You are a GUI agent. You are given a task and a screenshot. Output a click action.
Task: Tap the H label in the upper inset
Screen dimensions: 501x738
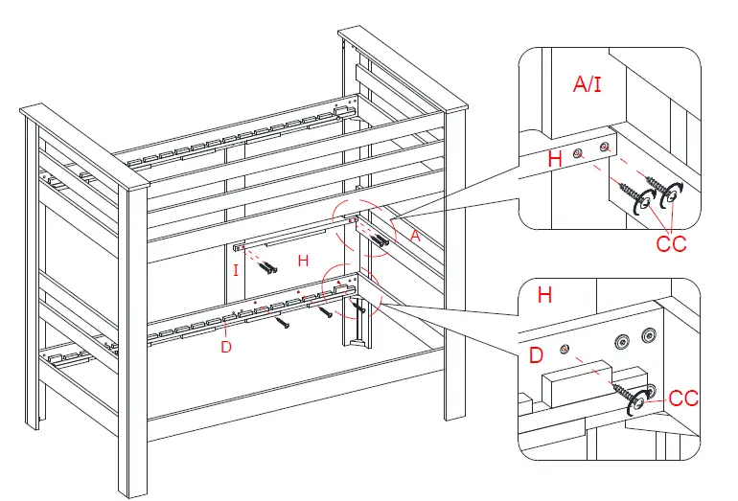click(554, 160)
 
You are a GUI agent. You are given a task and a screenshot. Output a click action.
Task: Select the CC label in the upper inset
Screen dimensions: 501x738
click(671, 243)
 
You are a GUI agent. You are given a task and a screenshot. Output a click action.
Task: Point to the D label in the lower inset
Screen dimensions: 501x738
click(537, 357)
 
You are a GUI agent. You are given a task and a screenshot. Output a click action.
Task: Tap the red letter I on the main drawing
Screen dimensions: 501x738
click(236, 271)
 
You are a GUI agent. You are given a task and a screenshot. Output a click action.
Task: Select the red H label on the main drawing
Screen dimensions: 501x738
click(303, 261)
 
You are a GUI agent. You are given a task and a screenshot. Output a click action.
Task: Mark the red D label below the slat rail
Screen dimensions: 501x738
click(226, 347)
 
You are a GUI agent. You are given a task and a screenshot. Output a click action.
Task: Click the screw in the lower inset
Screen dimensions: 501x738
click(630, 395)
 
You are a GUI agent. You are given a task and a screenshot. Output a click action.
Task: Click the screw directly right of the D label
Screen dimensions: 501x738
click(282, 325)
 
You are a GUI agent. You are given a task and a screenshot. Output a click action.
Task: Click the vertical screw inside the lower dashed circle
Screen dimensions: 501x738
click(362, 308)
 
